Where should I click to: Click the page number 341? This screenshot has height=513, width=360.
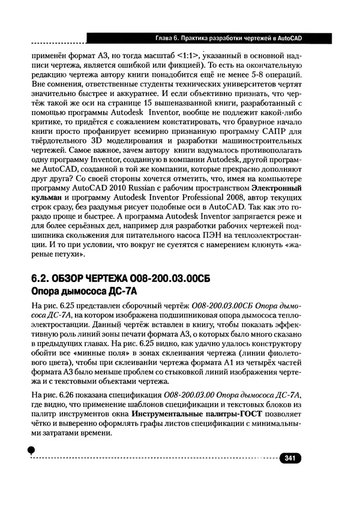289,458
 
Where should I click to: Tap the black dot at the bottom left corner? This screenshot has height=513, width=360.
31,450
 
